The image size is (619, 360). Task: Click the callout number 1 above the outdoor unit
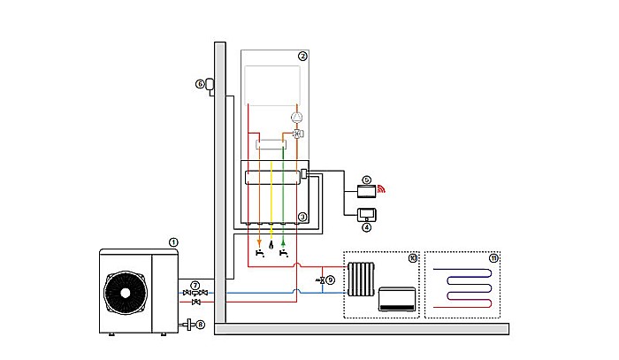(x=173, y=241)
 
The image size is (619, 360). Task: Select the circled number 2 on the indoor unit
(x=302, y=56)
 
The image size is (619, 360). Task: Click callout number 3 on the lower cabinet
(x=302, y=217)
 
